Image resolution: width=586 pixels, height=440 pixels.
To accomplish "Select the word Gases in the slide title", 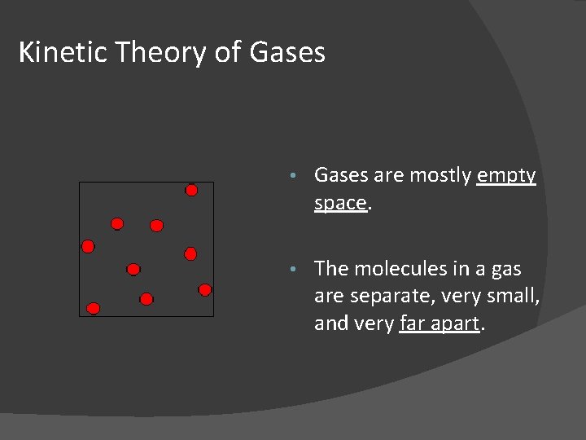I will click(288, 52).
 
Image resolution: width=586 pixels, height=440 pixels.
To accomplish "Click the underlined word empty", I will click(506, 176).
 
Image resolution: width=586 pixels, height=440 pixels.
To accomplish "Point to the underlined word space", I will click(340, 204).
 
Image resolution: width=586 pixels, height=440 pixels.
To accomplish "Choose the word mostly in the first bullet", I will click(440, 176).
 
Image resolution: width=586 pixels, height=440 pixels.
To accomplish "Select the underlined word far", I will click(413, 324).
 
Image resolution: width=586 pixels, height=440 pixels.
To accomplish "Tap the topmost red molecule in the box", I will click(191, 191).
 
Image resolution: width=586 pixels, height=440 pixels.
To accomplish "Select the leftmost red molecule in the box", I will click(88, 246).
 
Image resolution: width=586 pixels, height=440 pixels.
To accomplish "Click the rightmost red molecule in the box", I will click(205, 289).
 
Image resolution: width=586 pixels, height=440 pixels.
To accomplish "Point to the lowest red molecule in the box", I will click(94, 308).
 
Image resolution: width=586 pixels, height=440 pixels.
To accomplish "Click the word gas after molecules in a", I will click(505, 269).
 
